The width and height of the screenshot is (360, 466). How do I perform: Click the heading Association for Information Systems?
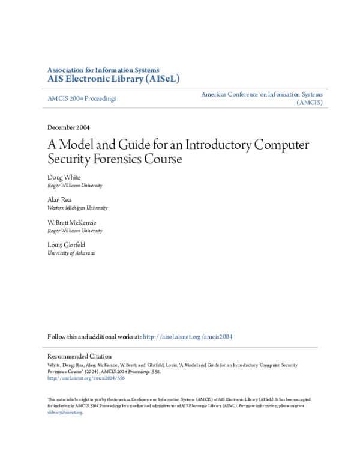[103, 70]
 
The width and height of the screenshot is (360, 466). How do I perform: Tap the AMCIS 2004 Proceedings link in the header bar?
[82, 98]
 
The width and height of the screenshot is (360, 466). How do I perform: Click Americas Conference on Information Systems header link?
[262, 95]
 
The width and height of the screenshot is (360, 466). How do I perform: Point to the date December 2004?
[68, 127]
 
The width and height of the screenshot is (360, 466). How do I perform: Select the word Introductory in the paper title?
[206, 145]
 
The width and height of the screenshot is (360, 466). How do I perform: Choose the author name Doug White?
[64, 177]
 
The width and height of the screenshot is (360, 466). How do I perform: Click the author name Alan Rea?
[60, 199]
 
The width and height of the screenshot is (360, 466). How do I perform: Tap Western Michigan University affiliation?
[77, 208]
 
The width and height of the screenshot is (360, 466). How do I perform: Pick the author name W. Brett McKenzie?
[71, 222]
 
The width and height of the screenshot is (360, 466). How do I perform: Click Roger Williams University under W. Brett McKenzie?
[74, 231]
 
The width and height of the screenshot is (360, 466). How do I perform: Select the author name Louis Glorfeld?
[67, 245]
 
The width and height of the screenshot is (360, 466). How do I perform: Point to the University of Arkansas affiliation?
[71, 253]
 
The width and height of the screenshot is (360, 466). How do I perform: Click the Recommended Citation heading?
[79, 356]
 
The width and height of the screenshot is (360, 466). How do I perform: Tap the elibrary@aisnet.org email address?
[64, 413]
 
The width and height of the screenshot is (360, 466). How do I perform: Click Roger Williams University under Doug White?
[74, 186]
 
